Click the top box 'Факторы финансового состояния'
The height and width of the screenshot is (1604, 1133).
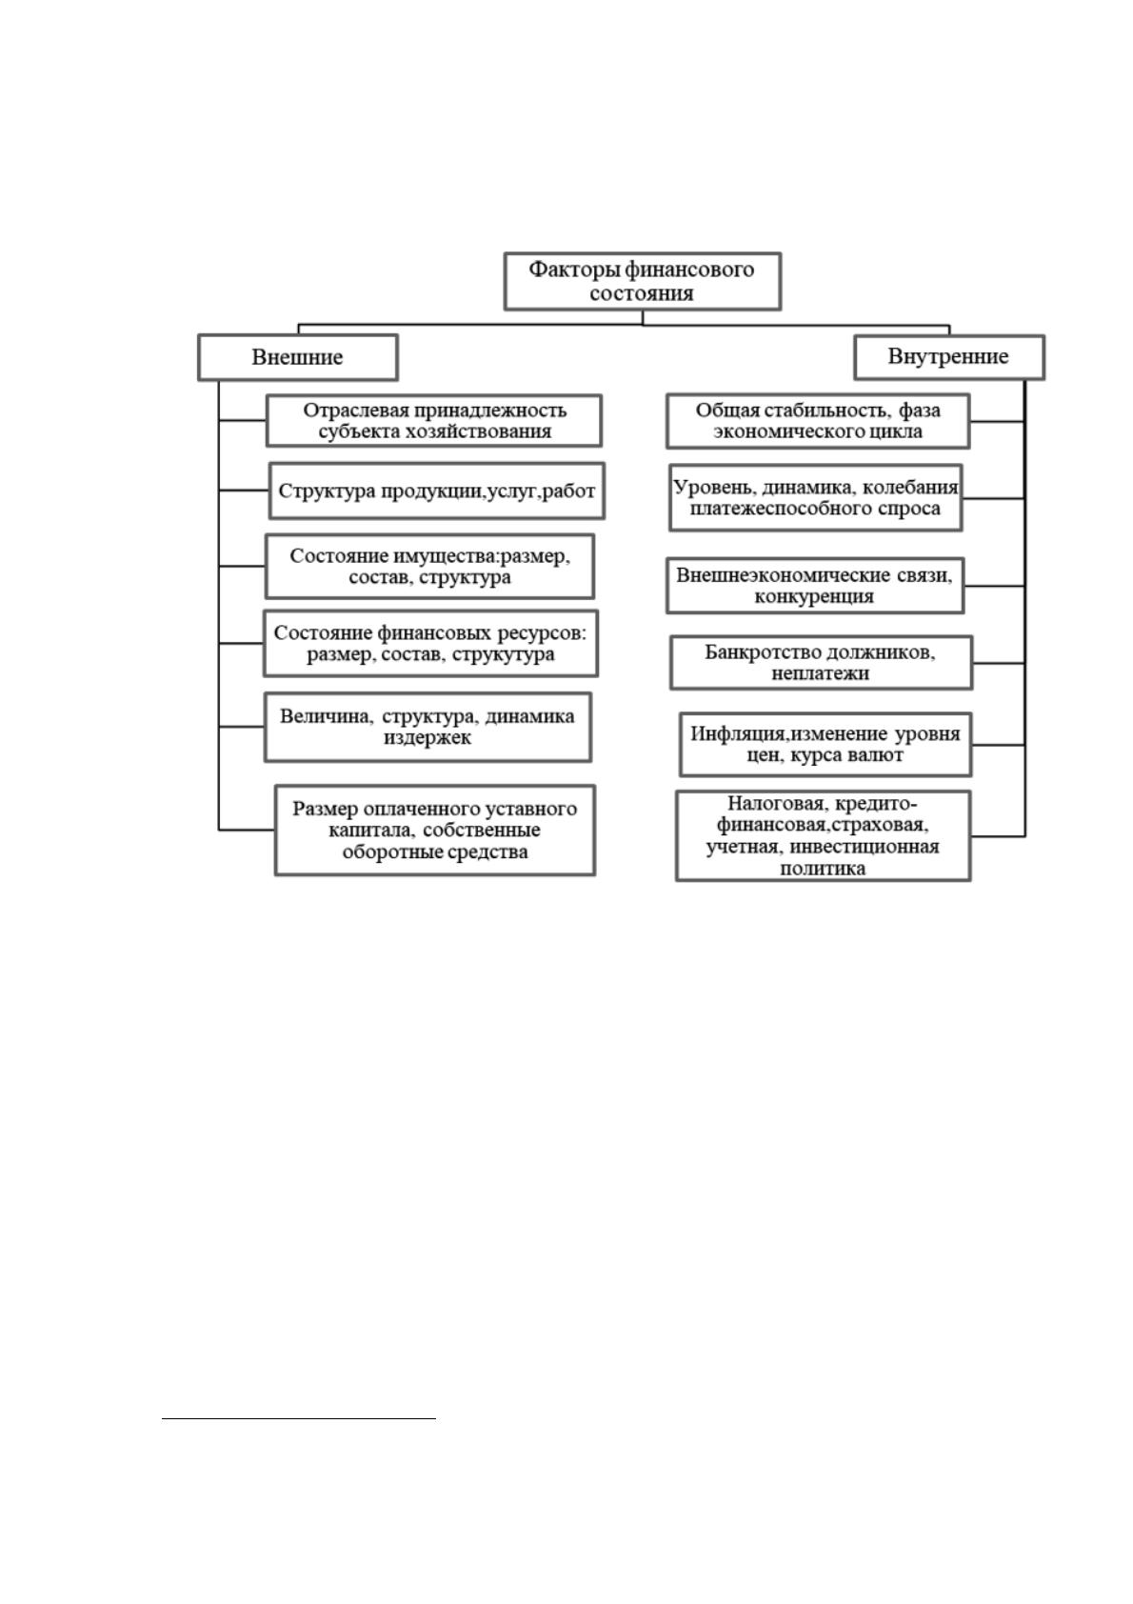(x=642, y=281)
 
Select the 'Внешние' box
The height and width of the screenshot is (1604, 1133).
(x=298, y=357)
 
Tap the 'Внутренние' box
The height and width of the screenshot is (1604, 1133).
(x=949, y=356)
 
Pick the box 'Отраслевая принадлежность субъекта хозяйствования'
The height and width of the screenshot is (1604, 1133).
(x=434, y=421)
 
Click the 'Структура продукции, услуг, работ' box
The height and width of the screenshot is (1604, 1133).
(x=437, y=491)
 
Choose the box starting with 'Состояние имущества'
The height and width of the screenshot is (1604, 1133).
(x=429, y=567)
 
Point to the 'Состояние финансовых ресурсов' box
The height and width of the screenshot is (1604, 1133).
(x=431, y=644)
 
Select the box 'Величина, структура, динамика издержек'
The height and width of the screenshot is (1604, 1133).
(x=428, y=727)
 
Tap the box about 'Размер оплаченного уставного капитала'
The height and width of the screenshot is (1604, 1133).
(x=435, y=831)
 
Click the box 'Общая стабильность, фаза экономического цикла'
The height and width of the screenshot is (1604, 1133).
(x=818, y=421)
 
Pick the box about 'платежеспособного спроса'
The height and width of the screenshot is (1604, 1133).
(x=815, y=498)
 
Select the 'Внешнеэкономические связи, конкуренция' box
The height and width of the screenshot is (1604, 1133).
(x=815, y=587)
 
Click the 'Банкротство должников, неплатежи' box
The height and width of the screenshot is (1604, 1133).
(x=821, y=663)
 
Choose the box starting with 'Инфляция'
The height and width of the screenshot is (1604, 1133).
(x=825, y=745)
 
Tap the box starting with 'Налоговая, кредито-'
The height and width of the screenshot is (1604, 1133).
(x=823, y=836)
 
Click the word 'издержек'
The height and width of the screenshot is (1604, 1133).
(x=427, y=737)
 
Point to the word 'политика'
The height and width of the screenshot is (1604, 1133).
(x=823, y=870)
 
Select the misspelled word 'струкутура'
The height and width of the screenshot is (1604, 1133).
(x=503, y=654)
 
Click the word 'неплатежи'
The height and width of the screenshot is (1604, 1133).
(x=820, y=673)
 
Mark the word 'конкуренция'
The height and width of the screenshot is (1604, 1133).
(x=814, y=597)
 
